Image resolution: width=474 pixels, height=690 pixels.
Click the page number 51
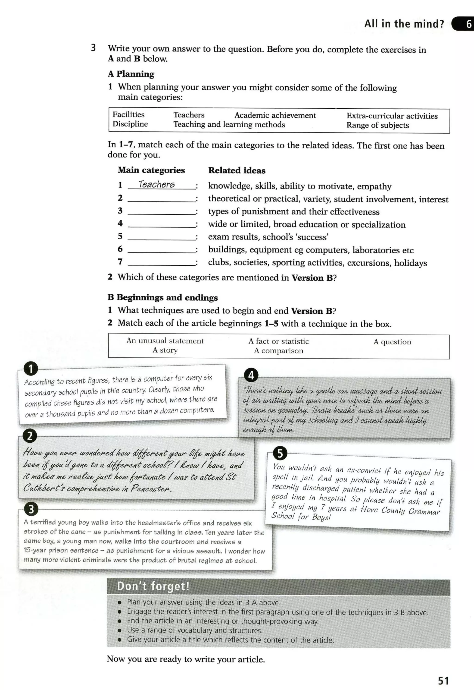443,681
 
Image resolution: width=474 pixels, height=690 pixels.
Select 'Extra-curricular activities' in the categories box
392,116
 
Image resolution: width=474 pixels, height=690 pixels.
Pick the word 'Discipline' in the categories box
130,124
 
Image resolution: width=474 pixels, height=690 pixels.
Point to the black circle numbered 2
30,436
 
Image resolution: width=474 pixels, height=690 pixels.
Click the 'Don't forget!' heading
153,586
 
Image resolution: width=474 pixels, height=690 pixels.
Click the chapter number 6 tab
468,24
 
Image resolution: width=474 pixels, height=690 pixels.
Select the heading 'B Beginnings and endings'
162,297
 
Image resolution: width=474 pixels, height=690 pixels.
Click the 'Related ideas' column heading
237,170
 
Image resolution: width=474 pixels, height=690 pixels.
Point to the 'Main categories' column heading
151,170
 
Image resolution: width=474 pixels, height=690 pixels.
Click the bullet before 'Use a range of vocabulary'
120,630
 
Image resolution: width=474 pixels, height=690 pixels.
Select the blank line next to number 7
162,264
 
